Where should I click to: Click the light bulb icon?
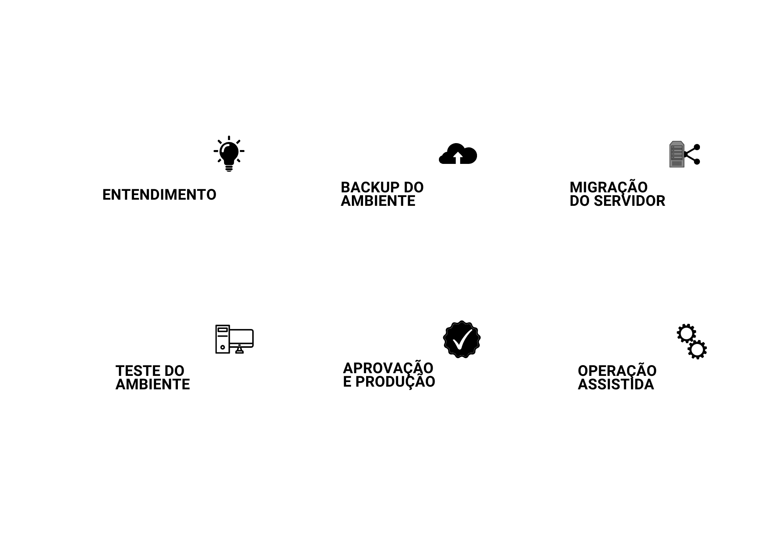coord(229,154)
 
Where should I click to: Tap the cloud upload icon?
coord(458,154)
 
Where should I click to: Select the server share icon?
coord(685,154)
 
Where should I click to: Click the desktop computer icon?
coord(234,339)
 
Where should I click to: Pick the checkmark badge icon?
coord(462,339)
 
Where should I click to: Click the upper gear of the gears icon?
coord(686,333)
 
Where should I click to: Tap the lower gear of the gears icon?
coord(697,350)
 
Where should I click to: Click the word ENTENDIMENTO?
coord(159,195)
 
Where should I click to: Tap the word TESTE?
coord(138,371)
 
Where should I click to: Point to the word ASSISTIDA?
coord(616,384)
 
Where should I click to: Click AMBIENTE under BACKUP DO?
coord(378,201)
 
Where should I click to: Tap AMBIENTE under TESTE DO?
coord(153,384)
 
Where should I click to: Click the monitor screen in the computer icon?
coord(241,338)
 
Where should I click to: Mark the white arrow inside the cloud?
coord(458,157)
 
